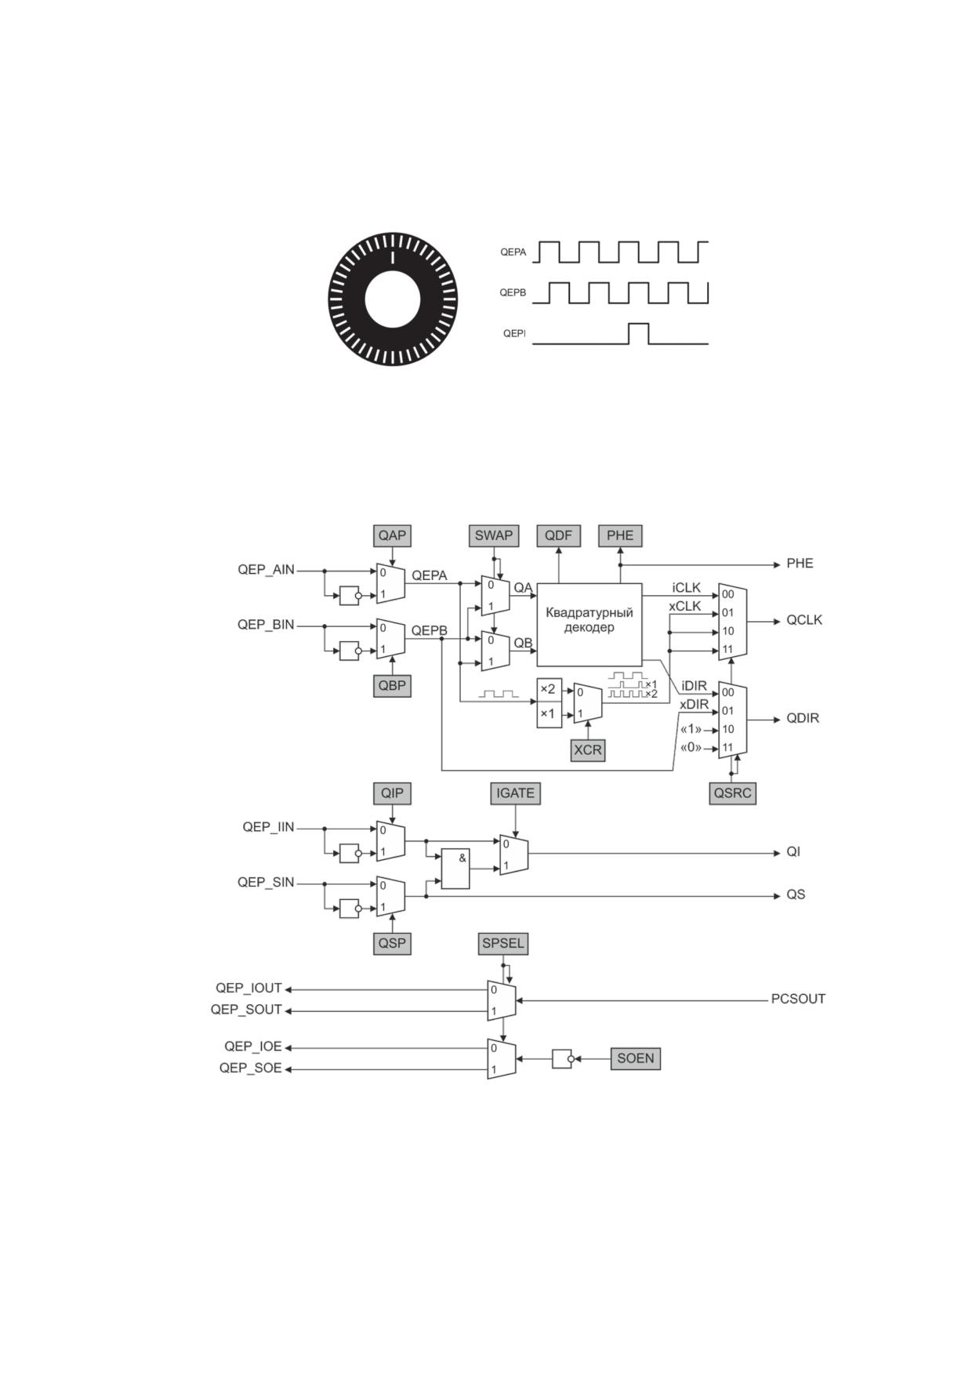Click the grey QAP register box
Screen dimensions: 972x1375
pos(392,535)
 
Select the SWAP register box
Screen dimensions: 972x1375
pos(493,535)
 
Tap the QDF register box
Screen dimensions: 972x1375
pos(558,535)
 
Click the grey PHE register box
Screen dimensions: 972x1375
pos(620,535)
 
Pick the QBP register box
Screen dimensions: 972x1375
pos(392,685)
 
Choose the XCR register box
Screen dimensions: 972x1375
pos(588,750)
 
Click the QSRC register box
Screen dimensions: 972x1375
pos(732,793)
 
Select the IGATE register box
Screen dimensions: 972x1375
pos(515,793)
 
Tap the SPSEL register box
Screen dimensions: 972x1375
pos(503,943)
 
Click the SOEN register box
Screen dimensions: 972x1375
pos(635,1058)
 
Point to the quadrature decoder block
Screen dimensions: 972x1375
pos(589,624)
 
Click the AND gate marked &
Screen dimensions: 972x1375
pos(455,869)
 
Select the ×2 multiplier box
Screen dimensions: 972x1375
pos(549,690)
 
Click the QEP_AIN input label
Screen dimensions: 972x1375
pos(267,570)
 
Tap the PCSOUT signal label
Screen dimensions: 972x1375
pos(798,1000)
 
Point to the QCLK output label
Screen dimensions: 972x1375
pos(804,620)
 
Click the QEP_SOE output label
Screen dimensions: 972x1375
pos(251,1068)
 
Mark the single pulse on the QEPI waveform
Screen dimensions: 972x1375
pos(639,333)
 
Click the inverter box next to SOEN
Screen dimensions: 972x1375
pos(562,1058)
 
